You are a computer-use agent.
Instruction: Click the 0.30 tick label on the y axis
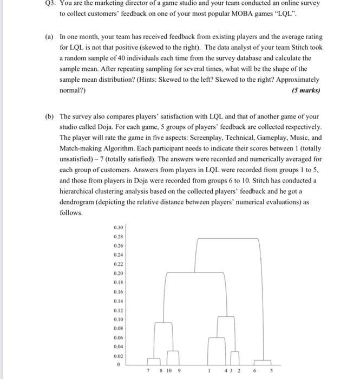tap(119, 227)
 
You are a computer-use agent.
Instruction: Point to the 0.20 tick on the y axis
tap(119, 273)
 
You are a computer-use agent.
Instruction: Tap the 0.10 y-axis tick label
tap(119, 319)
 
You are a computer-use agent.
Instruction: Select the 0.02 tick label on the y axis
tap(119, 356)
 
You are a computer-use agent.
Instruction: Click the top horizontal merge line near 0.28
tap(230, 238)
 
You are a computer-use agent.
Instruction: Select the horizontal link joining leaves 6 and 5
tap(263, 361)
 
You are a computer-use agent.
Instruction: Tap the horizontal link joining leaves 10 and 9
tap(173, 351)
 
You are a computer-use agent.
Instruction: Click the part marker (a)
tap(49, 37)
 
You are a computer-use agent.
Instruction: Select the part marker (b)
tap(49, 116)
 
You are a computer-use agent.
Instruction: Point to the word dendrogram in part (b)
tap(77, 202)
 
